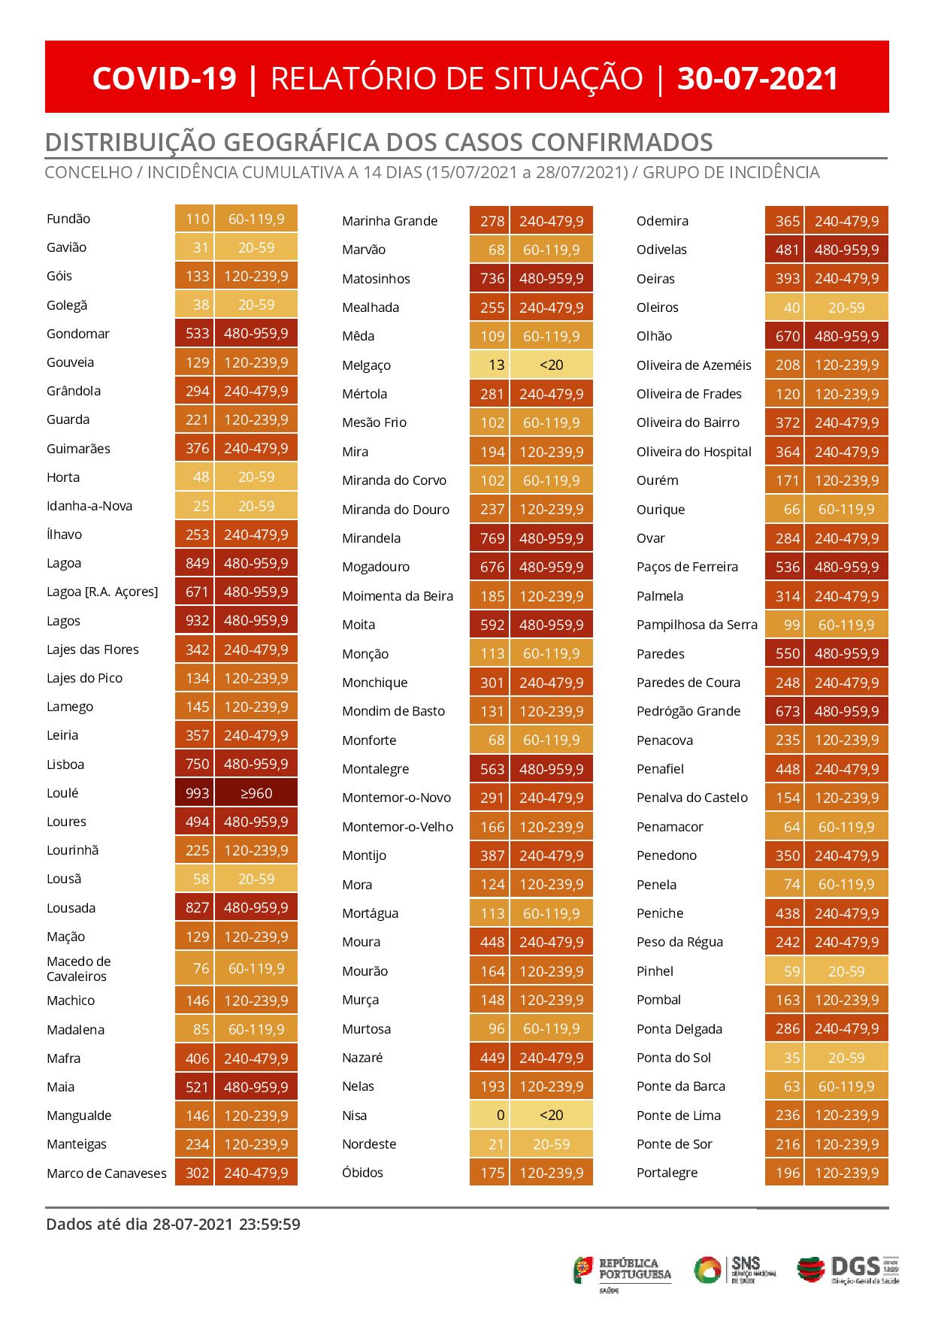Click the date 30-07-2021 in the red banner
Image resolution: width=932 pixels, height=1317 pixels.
pos(758,78)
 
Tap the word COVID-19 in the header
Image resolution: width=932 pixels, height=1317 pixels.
pos(164,78)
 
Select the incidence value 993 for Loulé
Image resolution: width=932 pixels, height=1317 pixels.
pos(198,793)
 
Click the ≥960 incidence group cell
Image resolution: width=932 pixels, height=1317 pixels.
pos(256,793)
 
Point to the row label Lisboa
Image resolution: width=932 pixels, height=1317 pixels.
pos(65,764)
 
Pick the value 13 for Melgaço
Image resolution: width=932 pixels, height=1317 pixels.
pos(496,365)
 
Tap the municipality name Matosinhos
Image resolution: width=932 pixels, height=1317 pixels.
pos(376,279)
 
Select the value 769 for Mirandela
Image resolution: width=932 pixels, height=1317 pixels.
pos(492,538)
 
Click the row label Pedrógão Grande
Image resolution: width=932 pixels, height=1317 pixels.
pos(688,711)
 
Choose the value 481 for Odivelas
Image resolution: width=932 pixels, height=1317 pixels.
pos(788,250)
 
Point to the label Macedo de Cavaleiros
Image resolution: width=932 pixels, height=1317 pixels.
pos(78,969)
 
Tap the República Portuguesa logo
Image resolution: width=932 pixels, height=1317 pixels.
pos(622,1270)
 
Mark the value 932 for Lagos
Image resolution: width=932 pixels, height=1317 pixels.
pos(198,621)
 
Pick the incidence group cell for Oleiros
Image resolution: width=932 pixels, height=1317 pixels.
pos(846,307)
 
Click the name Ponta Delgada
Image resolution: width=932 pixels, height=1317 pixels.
pos(679,1029)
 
